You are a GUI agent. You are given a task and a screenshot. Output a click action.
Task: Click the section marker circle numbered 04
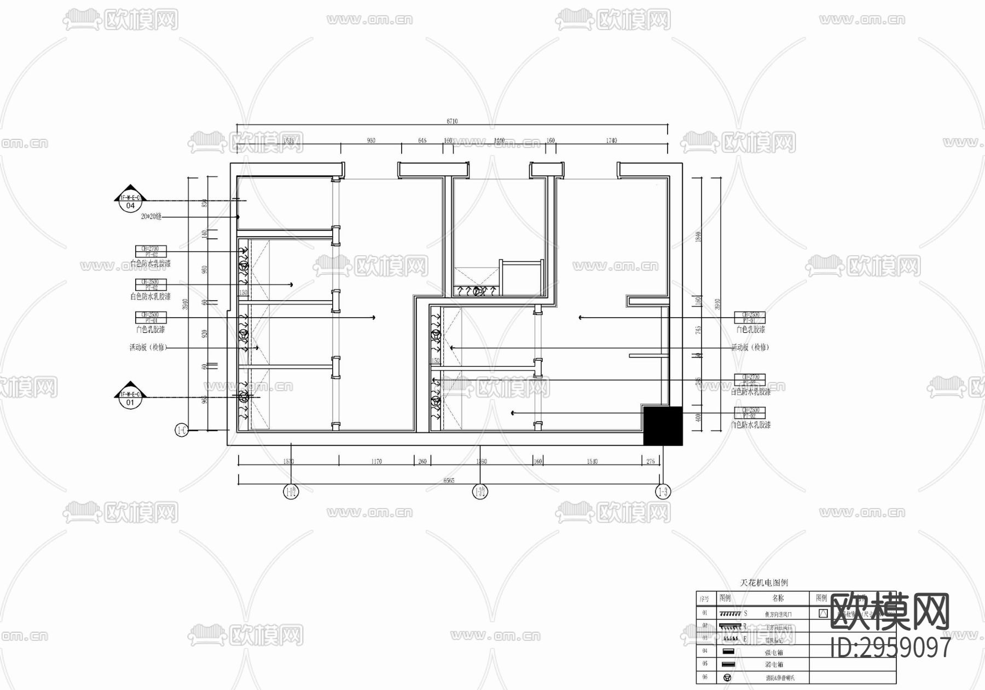click(130, 206)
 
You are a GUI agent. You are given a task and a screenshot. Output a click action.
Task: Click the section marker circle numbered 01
click(130, 403)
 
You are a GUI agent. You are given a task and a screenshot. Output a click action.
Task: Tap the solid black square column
click(663, 426)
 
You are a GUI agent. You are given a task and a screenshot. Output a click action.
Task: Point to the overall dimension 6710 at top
click(452, 122)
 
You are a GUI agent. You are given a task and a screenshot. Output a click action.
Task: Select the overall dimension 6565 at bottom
click(449, 480)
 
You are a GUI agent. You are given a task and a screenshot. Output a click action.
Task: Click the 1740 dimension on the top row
click(611, 141)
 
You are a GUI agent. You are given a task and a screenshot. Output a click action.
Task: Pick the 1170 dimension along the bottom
click(376, 462)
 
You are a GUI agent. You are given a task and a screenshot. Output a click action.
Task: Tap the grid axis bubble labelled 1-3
click(663, 492)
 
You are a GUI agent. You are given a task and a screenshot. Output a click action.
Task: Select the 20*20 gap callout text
click(151, 217)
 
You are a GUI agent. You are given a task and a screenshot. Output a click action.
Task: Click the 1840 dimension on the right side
click(698, 237)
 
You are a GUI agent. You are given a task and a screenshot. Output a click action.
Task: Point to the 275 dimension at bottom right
click(651, 462)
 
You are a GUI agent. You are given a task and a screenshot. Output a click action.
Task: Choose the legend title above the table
click(764, 583)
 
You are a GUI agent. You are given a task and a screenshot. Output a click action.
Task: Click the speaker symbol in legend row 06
click(728, 677)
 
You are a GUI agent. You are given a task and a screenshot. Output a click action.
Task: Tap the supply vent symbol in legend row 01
click(730, 614)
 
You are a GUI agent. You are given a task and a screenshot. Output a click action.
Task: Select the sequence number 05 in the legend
click(705, 664)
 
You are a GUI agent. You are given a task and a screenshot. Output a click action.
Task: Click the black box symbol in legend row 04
click(728, 652)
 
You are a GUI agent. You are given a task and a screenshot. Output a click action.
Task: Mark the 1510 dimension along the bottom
click(592, 462)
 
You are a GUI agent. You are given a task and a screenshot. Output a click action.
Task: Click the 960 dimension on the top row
click(371, 141)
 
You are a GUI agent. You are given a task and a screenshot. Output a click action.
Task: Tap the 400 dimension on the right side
click(698, 418)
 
